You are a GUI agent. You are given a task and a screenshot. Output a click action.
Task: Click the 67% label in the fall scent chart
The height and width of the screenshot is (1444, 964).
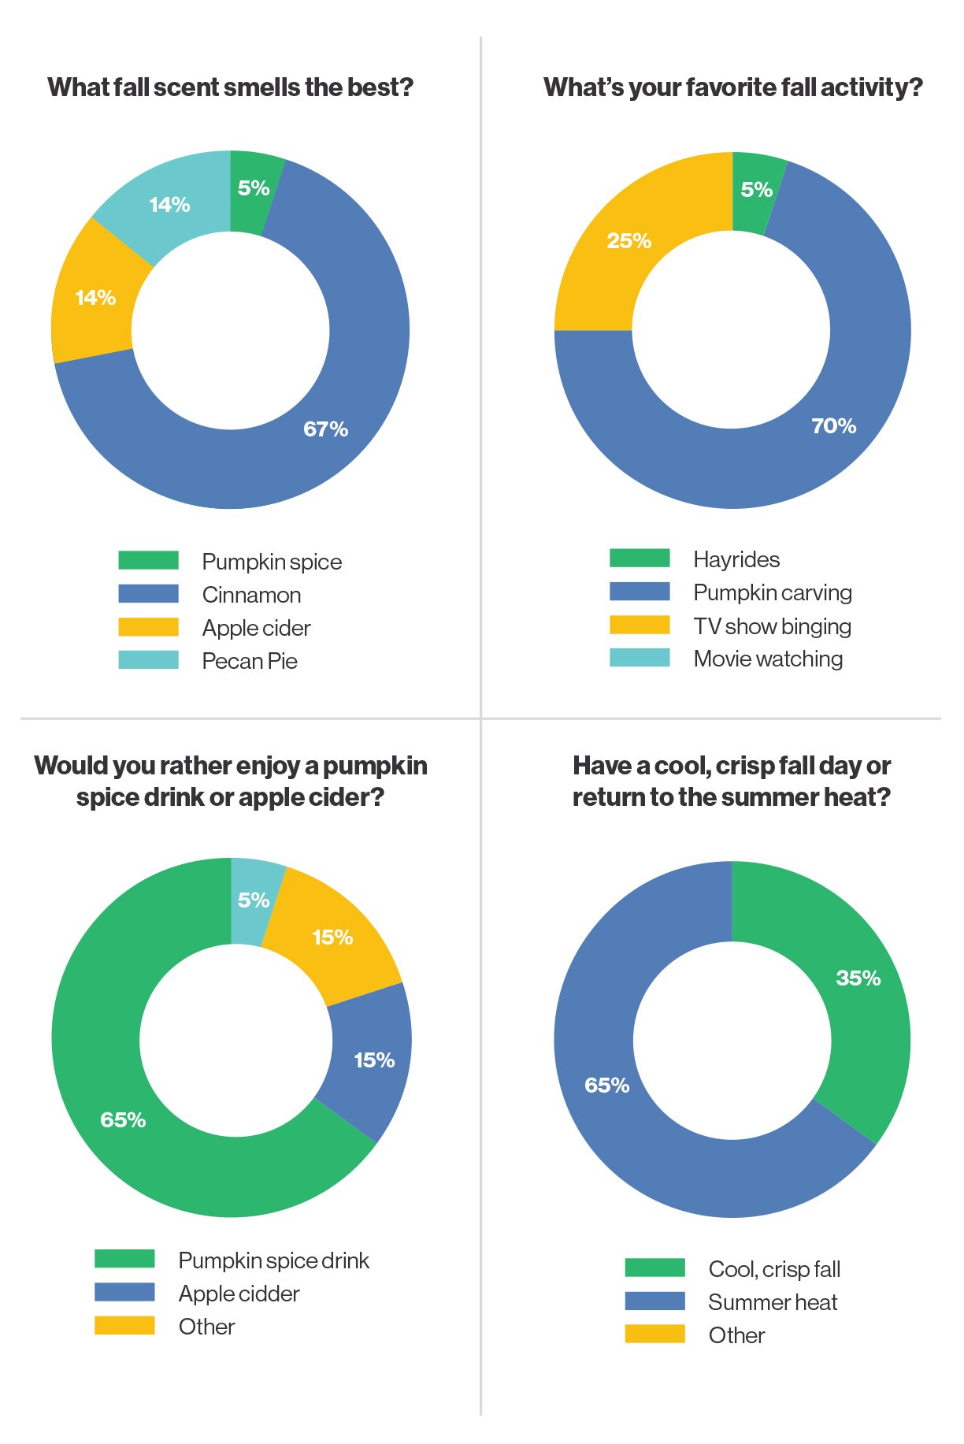tap(325, 429)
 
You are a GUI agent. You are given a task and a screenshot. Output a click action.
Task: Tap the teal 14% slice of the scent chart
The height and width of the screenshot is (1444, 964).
tap(161, 209)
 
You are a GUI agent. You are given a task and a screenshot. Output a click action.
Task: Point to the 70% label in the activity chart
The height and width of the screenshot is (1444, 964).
tap(833, 426)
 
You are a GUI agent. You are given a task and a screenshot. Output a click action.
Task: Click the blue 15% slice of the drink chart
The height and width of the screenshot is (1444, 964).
tap(370, 1060)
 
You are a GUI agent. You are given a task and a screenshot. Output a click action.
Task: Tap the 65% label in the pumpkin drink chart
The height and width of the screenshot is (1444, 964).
tap(123, 1120)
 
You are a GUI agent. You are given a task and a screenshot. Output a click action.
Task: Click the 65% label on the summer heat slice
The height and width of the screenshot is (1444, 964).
tap(606, 1086)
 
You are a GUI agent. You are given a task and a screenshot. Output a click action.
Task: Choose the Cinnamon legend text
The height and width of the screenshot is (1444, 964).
tap(251, 595)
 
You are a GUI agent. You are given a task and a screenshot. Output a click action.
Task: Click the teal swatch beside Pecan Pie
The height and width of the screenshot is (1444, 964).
tap(148, 660)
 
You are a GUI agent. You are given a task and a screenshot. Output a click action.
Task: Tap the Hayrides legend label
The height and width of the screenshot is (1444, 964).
tap(736, 559)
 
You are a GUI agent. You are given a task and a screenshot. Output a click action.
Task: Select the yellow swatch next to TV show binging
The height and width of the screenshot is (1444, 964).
tap(640, 625)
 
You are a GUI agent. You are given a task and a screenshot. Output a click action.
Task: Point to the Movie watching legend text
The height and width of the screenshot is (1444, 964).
tap(768, 659)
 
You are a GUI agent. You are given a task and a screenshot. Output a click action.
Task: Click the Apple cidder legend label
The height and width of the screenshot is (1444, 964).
tap(239, 1294)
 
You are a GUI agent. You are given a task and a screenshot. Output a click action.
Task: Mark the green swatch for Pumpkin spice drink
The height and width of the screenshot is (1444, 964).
tap(124, 1259)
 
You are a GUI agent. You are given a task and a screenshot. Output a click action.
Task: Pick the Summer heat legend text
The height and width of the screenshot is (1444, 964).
tap(773, 1302)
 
